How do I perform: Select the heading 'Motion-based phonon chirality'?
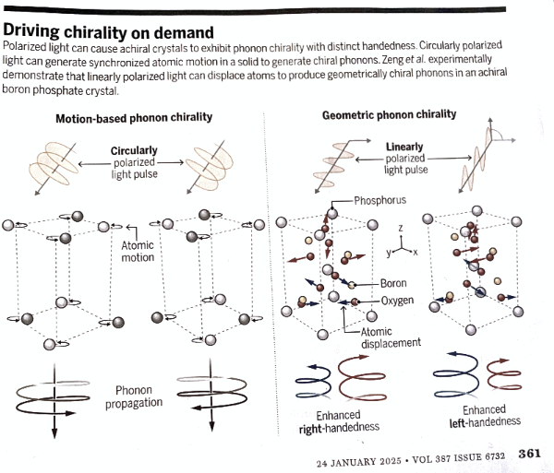[x=134, y=117]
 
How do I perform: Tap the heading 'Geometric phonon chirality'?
[x=389, y=114]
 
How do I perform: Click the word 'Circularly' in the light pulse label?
[x=134, y=150]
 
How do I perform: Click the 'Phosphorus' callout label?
[x=380, y=200]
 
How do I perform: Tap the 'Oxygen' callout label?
[x=397, y=301]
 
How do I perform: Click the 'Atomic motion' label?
[x=138, y=252]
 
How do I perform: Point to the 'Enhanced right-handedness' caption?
[x=339, y=422]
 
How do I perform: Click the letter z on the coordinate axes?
[x=399, y=226]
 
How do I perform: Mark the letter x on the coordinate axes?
[x=415, y=251]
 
